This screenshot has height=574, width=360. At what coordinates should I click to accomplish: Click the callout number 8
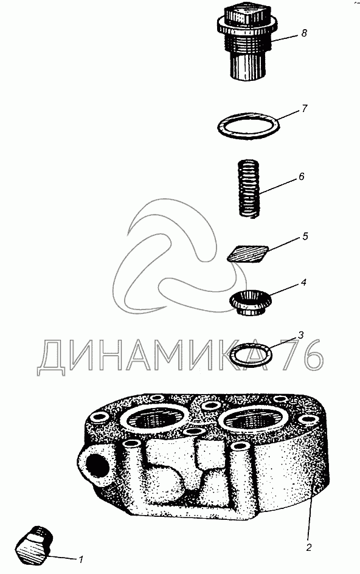304,33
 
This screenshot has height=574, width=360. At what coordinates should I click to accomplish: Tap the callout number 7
304,109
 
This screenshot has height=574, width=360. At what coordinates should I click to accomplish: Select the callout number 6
301,176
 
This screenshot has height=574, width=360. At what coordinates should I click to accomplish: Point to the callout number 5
305,236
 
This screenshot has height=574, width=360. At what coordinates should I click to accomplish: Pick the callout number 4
303,283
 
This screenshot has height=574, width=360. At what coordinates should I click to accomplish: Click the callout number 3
300,334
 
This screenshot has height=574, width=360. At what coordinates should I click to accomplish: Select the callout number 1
81,559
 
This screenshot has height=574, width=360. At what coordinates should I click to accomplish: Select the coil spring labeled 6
249,189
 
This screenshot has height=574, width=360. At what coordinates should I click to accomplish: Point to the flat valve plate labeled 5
248,254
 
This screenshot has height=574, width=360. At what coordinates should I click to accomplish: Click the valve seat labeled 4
251,302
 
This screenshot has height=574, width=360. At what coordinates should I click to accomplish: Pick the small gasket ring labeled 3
234,354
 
